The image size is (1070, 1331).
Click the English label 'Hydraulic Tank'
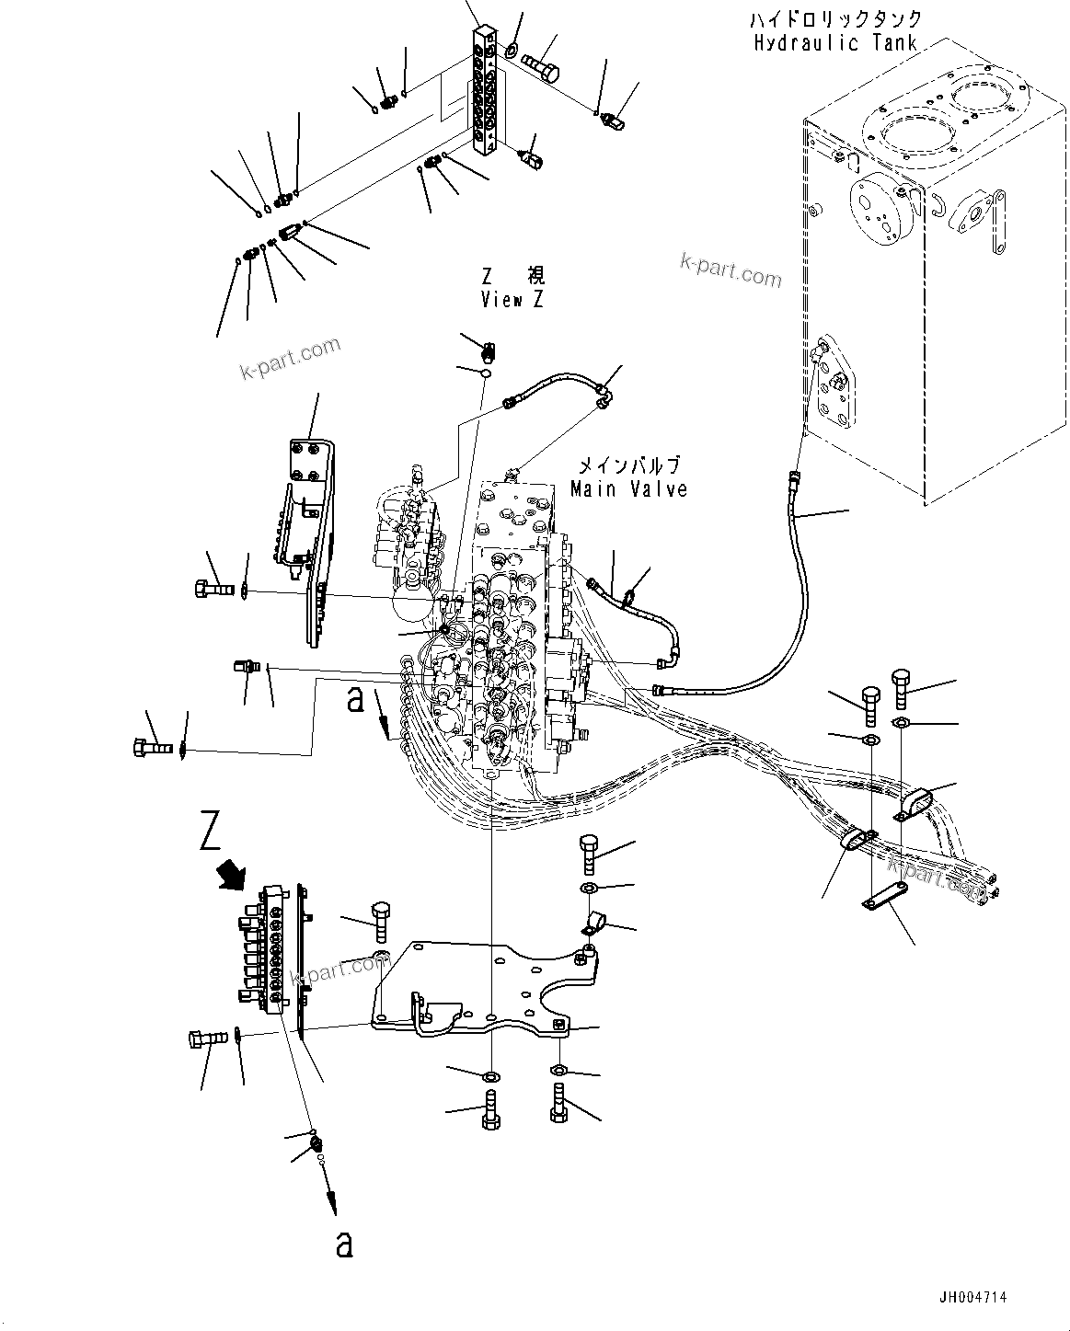834,42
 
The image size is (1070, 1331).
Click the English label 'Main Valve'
628,488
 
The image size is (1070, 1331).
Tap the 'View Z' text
512,299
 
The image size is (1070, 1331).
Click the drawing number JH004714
972,1297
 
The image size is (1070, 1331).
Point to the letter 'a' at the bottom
344,1245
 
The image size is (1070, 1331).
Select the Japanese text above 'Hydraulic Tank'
835,19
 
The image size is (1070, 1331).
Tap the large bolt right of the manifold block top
540,67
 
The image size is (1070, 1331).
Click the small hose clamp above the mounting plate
587,920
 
